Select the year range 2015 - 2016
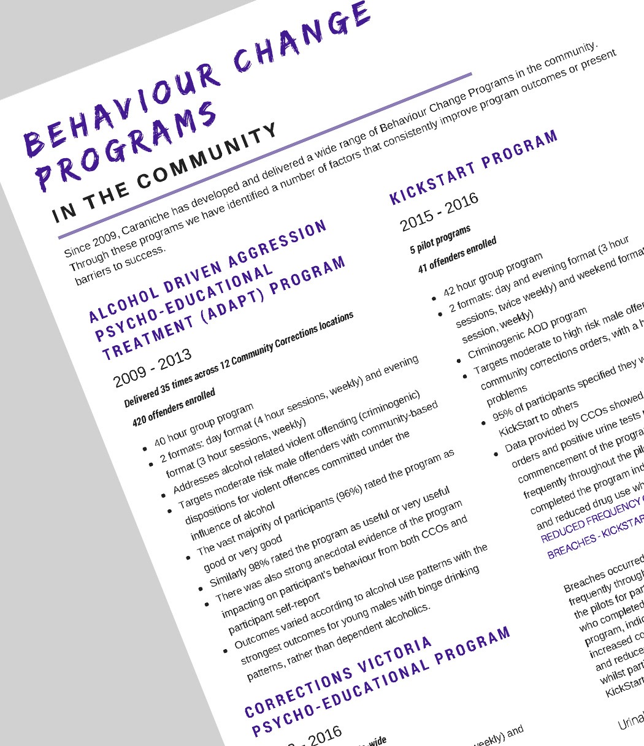[439, 212]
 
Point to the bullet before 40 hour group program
[144, 448]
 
